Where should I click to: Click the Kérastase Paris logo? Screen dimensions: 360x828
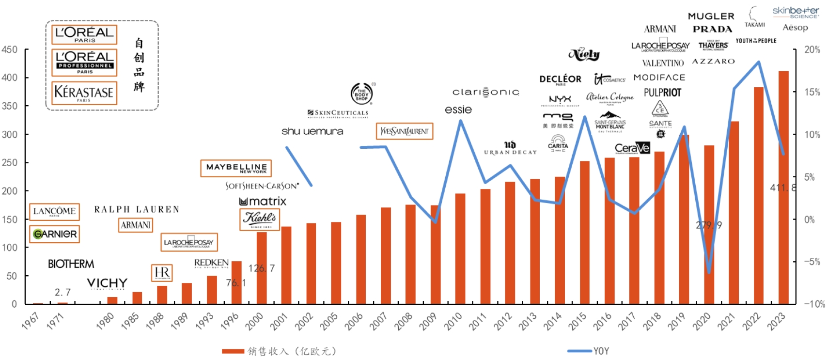(x=84, y=93)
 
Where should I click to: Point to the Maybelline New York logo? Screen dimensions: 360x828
(x=236, y=168)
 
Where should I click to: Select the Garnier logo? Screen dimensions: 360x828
(x=54, y=234)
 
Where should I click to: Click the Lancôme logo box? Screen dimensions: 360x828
(x=54, y=212)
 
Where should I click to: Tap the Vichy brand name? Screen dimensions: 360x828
(x=107, y=283)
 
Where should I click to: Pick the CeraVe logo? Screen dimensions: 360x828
(x=632, y=148)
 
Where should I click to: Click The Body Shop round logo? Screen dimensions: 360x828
(x=361, y=94)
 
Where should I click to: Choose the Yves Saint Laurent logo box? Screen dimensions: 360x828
(x=404, y=131)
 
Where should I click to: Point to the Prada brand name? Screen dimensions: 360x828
(x=712, y=29)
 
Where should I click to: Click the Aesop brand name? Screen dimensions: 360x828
(x=795, y=28)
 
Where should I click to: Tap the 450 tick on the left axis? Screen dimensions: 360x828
(x=9, y=49)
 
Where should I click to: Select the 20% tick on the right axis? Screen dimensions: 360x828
(x=812, y=49)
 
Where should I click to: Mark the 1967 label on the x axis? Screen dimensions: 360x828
(x=31, y=321)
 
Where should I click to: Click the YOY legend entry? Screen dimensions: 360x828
(x=601, y=351)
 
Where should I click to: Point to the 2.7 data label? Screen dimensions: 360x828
(x=62, y=292)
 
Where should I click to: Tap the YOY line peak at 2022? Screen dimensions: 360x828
(x=758, y=62)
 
